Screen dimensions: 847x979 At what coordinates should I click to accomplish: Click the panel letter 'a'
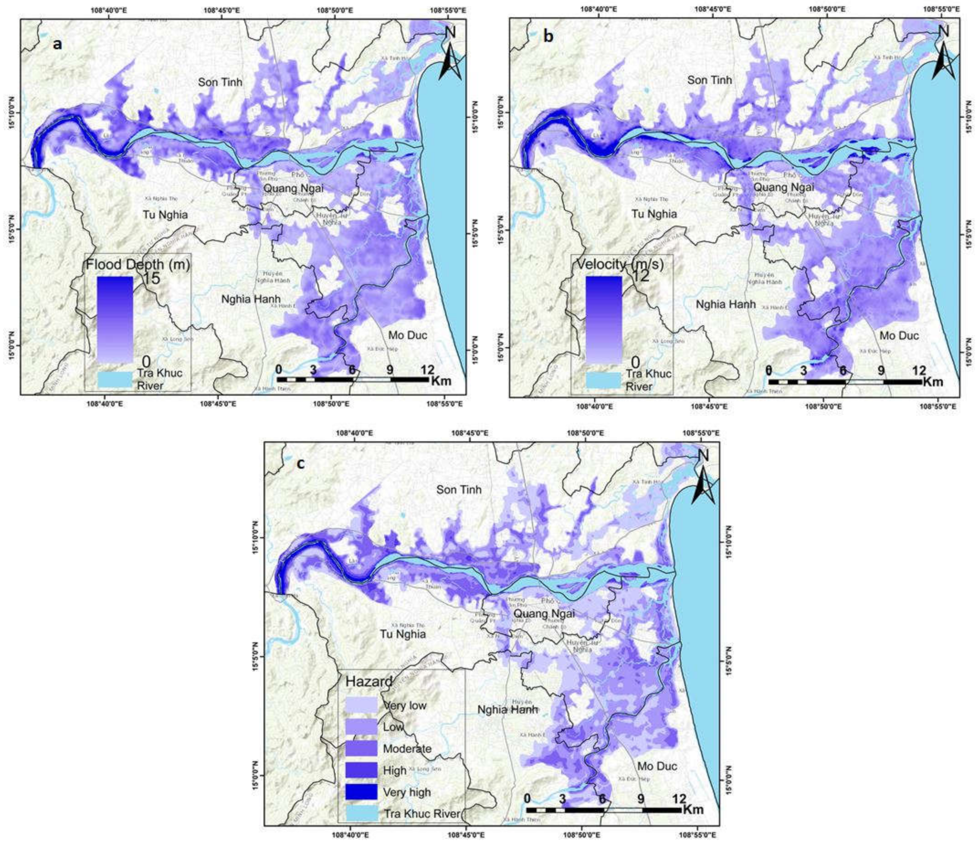point(57,45)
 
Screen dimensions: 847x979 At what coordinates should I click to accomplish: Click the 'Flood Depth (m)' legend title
point(137,265)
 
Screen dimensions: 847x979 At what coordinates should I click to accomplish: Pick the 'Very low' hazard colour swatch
point(361,705)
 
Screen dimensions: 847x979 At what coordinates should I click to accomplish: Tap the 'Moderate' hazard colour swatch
point(361,748)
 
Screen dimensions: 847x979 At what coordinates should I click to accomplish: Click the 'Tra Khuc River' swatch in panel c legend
point(361,814)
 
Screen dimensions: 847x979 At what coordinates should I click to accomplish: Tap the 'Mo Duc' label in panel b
point(899,336)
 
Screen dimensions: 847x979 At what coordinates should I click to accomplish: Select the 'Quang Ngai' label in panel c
point(544,614)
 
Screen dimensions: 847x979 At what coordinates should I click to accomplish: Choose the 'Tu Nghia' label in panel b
point(654,214)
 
